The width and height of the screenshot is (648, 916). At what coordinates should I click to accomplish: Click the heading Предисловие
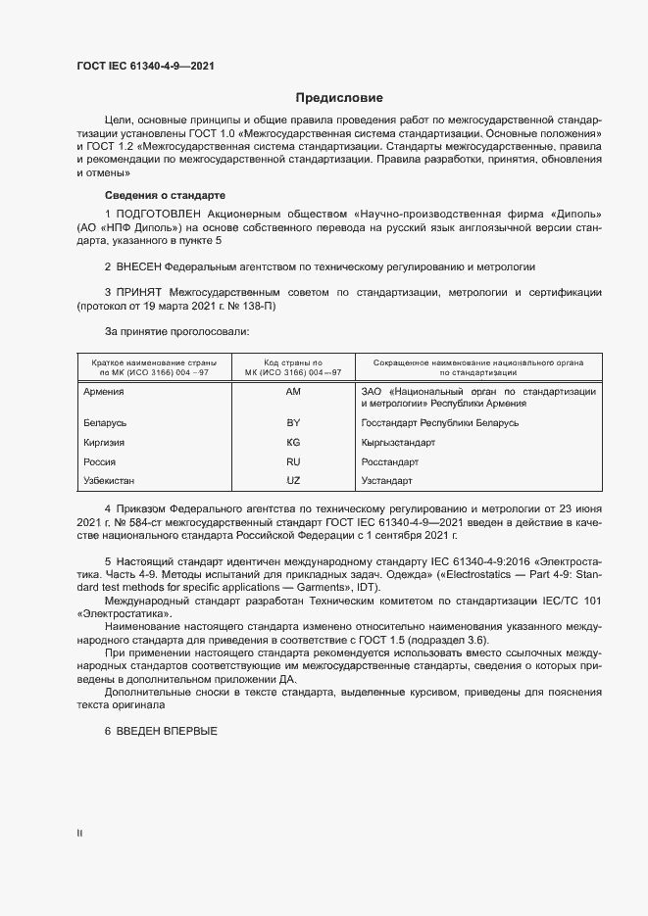click(339, 98)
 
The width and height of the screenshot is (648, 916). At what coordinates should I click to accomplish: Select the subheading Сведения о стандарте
click(165, 195)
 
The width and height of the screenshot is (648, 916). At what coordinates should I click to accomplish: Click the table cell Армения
click(104, 391)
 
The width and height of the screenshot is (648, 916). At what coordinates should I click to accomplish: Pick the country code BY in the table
click(292, 422)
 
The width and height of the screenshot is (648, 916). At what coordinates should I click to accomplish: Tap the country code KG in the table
click(292, 442)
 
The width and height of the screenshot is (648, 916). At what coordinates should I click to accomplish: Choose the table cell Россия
click(101, 461)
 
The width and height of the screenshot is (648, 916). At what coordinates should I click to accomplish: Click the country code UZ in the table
click(292, 481)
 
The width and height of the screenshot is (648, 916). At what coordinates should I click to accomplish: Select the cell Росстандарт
click(390, 461)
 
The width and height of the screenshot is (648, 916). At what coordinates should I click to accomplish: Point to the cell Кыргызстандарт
click(398, 442)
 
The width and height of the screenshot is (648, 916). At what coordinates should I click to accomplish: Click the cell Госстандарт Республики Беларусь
click(440, 422)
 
